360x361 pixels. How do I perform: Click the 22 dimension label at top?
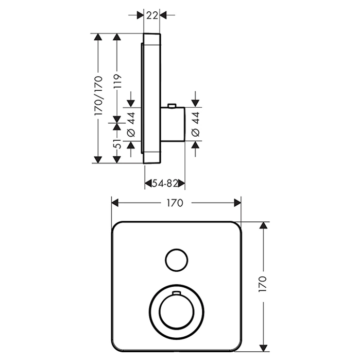[x=151, y=15]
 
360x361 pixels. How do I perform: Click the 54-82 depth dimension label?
[x=164, y=183]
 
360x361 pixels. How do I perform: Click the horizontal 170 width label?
[x=175, y=203]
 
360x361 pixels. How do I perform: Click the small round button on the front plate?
[x=176, y=258]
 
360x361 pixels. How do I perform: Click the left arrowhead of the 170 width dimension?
[x=115, y=203]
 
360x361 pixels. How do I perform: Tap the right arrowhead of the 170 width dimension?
[x=237, y=203]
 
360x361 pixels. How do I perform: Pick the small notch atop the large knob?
[x=176, y=293]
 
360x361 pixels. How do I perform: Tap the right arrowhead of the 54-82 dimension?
[x=182, y=183]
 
